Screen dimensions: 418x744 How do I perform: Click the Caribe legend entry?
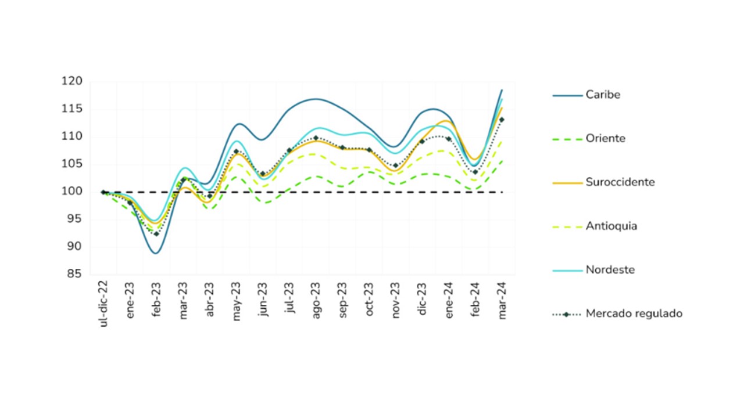click(x=603, y=95)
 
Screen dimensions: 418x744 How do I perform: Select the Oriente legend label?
click(x=605, y=139)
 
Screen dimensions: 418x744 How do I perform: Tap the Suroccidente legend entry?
click(x=620, y=182)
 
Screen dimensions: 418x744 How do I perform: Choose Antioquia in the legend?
click(x=611, y=226)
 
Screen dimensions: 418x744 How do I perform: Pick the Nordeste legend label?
click(x=610, y=270)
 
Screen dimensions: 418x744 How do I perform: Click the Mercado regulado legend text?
click(x=634, y=313)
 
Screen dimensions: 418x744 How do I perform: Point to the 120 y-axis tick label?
click(x=72, y=81)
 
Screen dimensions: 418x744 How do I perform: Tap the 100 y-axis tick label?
click(x=72, y=192)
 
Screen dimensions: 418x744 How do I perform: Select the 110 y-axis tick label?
click(x=72, y=136)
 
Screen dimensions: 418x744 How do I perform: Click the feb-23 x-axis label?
click(x=156, y=298)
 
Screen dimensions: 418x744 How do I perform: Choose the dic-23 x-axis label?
click(x=422, y=298)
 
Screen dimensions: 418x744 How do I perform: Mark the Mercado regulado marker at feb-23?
click(x=156, y=233)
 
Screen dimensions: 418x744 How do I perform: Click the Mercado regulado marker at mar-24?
click(x=502, y=120)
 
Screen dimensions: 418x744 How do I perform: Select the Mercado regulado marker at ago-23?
click(x=316, y=138)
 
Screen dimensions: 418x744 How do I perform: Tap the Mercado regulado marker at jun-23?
click(x=263, y=174)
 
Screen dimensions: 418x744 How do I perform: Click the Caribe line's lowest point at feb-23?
click(x=156, y=253)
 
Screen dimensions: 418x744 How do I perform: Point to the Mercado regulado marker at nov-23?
click(x=395, y=165)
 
